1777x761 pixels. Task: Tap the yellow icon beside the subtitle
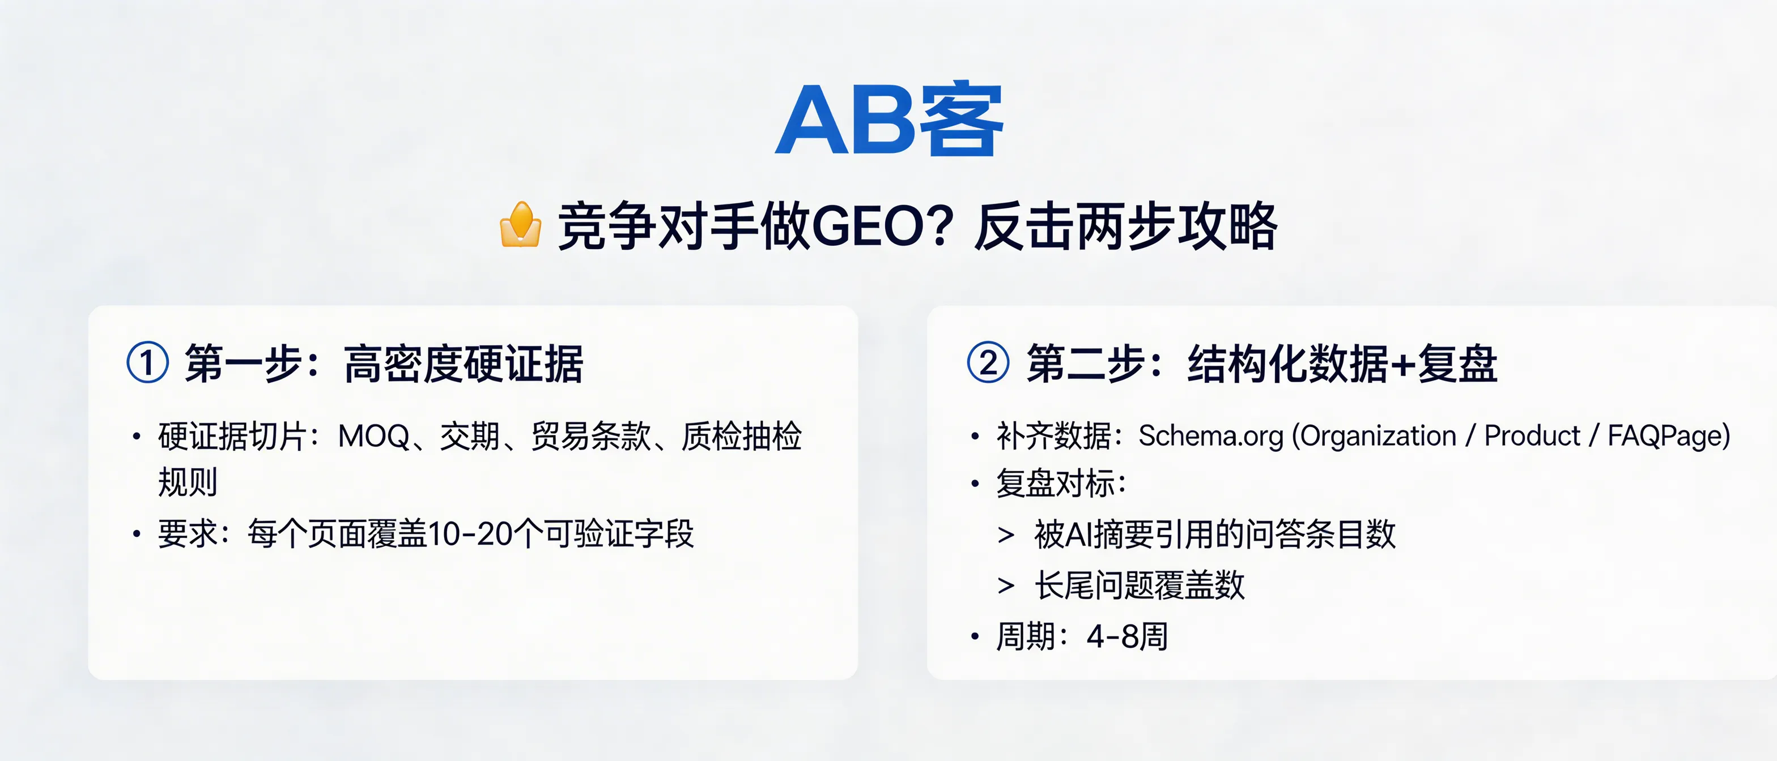(520, 225)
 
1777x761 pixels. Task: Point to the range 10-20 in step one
(470, 534)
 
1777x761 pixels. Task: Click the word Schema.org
(1211, 437)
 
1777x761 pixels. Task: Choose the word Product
(1532, 437)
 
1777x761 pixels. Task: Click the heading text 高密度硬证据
(464, 364)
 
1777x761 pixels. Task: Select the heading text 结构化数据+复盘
(1342, 364)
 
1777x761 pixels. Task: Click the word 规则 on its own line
(188, 482)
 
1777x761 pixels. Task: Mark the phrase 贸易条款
(590, 437)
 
